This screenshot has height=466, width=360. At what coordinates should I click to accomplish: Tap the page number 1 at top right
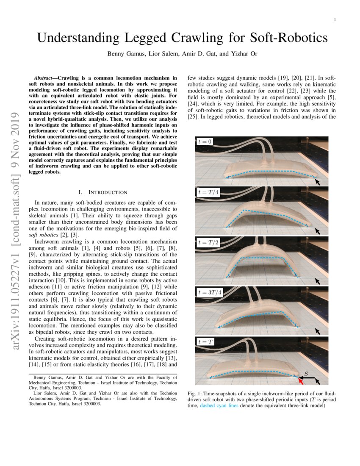335,19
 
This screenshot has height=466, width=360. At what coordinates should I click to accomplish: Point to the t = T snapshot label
206,341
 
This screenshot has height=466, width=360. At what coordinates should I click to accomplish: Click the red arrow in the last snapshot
301,381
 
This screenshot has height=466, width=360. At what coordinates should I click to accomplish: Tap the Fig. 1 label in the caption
194,394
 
